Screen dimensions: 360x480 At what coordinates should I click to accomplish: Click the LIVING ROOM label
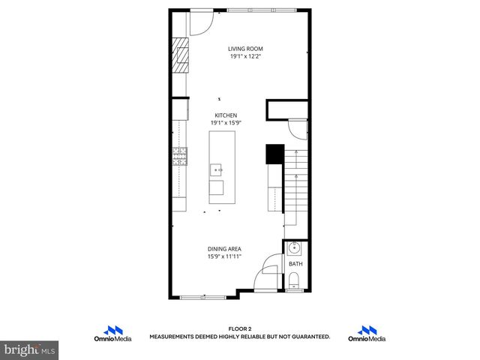(245, 49)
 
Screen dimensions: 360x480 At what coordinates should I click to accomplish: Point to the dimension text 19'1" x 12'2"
(245, 56)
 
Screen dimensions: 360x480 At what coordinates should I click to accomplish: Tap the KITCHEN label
(226, 115)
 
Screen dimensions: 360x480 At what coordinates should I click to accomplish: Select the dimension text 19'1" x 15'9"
(226, 123)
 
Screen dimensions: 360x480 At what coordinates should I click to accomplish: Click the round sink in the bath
(295, 249)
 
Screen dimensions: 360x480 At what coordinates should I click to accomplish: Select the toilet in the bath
(294, 281)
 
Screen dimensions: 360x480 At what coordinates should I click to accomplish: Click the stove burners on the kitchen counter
(180, 156)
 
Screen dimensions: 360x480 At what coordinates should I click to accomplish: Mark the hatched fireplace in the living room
(181, 55)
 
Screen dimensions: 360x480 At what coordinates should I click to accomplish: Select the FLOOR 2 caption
(239, 329)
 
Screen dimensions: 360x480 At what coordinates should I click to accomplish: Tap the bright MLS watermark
(30, 349)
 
